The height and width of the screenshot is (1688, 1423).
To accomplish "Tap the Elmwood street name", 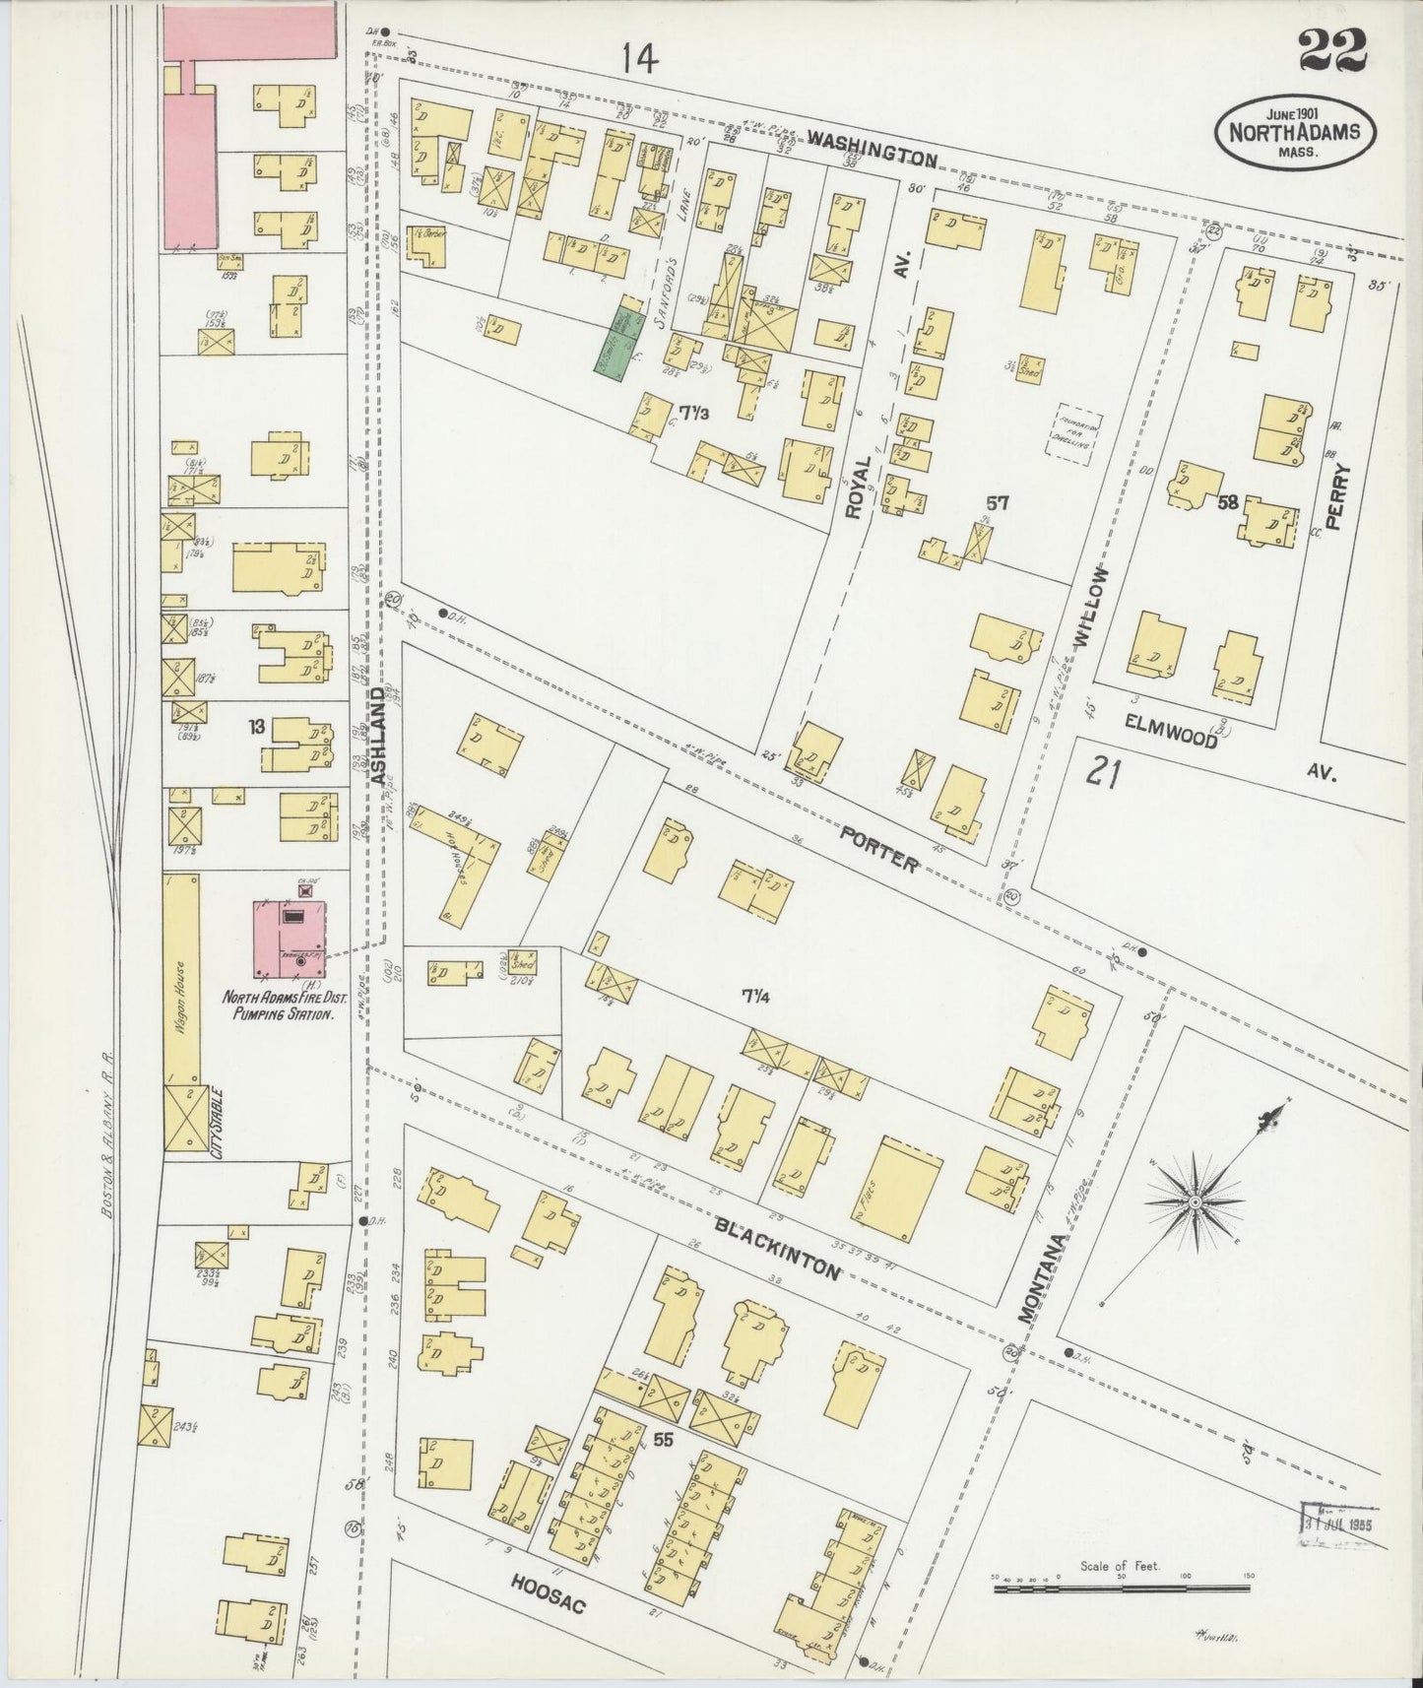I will coord(1171,730).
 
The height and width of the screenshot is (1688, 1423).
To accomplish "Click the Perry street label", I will coord(1335,497).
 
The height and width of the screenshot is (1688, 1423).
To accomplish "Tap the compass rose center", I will coord(1195,1202).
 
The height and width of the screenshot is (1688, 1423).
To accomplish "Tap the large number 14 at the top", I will coord(639,60).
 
